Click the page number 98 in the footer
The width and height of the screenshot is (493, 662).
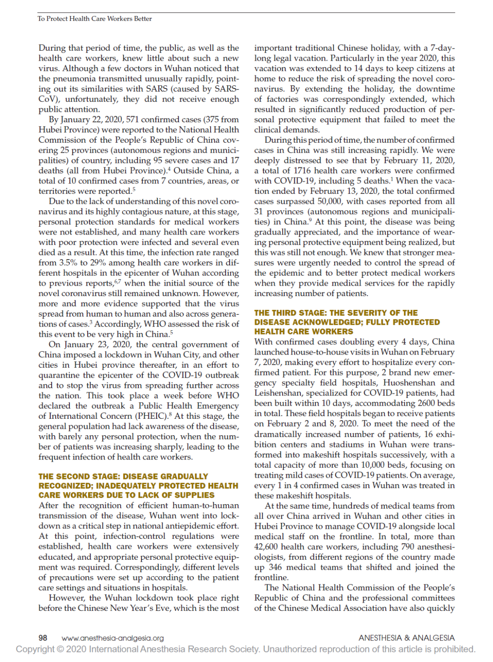point(43,638)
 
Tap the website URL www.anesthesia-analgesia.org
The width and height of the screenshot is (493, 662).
point(113,638)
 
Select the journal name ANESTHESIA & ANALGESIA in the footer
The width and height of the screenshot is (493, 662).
point(406,638)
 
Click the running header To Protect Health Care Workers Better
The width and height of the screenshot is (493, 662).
point(94,19)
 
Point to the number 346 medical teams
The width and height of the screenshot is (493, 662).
point(275,567)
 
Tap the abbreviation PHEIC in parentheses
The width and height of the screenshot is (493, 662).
point(152,416)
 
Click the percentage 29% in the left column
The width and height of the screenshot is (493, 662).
point(101,263)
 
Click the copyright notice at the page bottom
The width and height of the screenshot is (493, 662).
point(246,649)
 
